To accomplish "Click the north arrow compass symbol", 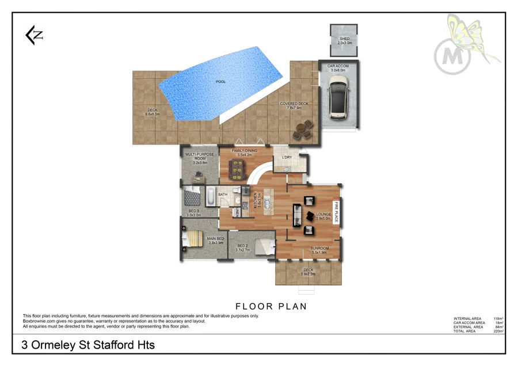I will (34, 36).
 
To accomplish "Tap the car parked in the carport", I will (338, 98).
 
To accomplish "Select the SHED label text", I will (344, 39).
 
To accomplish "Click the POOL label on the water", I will (220, 82).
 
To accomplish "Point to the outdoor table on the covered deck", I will (303, 129).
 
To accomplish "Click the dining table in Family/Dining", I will (237, 168).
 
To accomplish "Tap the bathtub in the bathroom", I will (210, 196).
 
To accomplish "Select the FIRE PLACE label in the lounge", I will (337, 212).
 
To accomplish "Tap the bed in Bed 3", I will (193, 197).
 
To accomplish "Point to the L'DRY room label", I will (287, 157).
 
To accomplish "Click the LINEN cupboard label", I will (245, 212).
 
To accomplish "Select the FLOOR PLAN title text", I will (271, 306).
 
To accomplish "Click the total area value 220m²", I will (498, 331).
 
